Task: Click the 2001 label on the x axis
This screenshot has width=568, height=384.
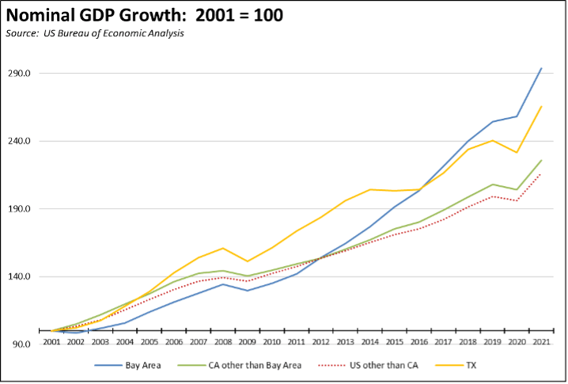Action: click(51, 342)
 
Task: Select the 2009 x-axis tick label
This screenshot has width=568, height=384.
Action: click(247, 342)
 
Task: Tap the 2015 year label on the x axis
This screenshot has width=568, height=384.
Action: click(393, 342)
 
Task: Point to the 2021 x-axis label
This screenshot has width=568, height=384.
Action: click(540, 342)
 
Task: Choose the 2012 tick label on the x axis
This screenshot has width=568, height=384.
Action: click(320, 342)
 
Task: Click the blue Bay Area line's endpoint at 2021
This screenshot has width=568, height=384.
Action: click(540, 68)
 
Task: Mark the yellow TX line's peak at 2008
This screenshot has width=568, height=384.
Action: click(223, 248)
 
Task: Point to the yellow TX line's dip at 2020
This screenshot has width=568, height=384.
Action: click(517, 152)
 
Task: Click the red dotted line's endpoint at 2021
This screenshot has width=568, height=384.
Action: click(540, 173)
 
